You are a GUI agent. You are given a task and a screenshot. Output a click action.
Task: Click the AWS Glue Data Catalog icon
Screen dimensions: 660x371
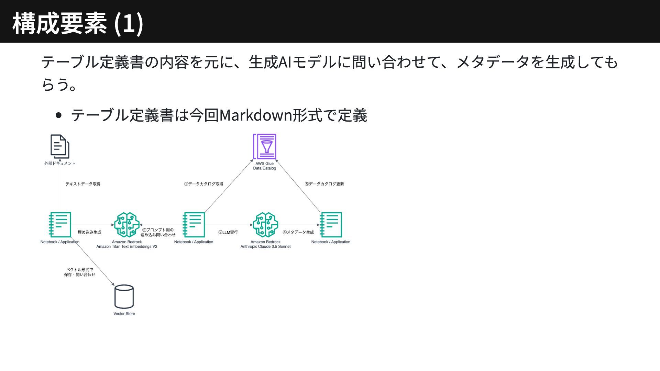264,147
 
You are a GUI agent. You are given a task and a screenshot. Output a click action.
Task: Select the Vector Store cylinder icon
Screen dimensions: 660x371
124,296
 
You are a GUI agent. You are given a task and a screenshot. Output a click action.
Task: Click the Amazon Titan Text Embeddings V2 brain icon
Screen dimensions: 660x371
127,225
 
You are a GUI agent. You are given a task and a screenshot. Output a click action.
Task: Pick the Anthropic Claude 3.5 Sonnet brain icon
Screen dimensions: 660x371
265,225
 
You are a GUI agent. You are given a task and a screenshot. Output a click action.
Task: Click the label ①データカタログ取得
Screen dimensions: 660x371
203,184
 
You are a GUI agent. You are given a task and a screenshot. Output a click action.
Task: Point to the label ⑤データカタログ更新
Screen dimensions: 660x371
324,184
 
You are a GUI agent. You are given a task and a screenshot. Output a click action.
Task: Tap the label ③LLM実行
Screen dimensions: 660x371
228,232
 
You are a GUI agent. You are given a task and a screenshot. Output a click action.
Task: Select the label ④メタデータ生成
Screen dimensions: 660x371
298,232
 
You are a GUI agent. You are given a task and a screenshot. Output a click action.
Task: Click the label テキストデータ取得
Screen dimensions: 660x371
83,184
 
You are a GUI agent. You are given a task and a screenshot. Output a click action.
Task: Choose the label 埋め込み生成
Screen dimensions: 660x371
89,232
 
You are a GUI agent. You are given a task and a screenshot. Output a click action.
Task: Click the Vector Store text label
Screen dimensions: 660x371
124,314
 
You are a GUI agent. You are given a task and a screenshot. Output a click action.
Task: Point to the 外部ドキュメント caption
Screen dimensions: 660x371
60,164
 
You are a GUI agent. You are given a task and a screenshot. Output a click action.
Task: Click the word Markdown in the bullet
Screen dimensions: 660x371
255,115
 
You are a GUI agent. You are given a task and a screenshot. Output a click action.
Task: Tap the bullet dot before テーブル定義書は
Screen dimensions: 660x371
58,115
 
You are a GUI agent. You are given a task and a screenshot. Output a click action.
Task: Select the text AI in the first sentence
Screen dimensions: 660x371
285,62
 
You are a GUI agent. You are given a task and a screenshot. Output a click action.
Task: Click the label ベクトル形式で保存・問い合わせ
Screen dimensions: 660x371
79,272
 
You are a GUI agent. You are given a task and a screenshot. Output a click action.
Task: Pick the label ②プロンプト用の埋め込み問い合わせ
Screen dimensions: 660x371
158,232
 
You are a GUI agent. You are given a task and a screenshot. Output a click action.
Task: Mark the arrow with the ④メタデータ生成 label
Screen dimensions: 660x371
298,225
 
